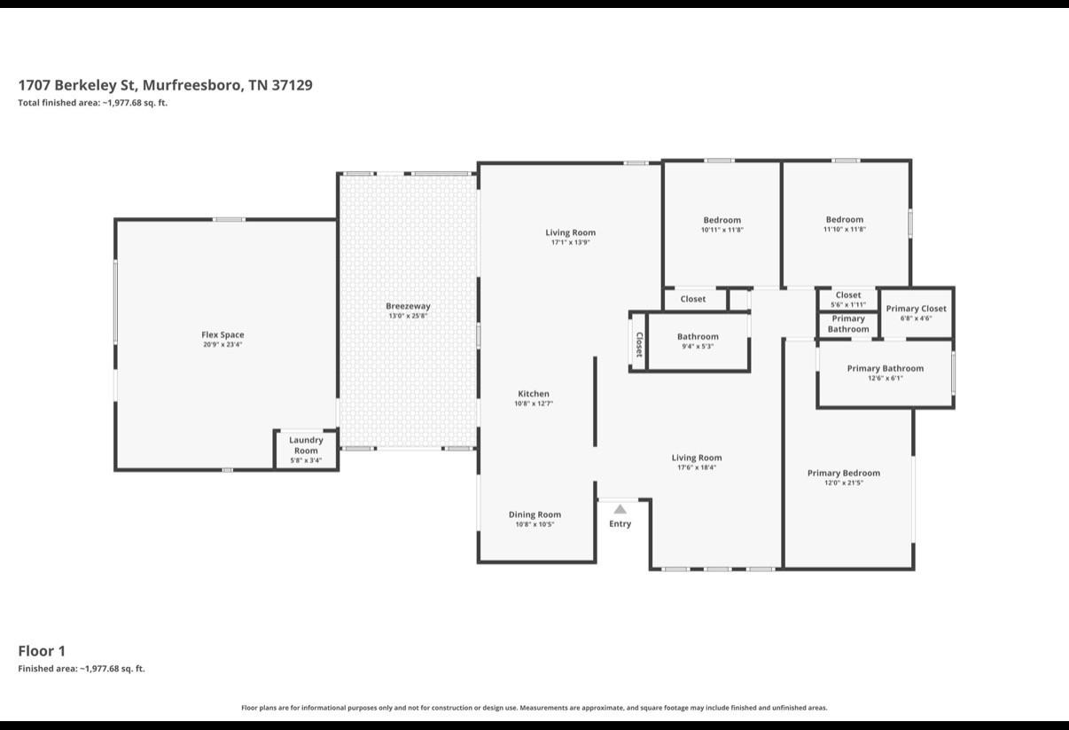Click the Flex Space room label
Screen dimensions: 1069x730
click(222, 334)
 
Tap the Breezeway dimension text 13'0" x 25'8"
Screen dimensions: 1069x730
click(408, 316)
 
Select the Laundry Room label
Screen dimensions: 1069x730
click(306, 445)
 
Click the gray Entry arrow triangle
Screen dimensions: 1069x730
click(620, 509)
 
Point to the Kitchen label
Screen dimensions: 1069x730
click(534, 394)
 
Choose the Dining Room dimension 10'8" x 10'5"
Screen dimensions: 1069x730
click(534, 524)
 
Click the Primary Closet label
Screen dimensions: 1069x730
click(916, 309)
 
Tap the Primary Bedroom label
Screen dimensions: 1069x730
click(844, 473)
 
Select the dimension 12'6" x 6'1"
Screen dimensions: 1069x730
click(886, 378)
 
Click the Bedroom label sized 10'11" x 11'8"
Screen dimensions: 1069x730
click(722, 220)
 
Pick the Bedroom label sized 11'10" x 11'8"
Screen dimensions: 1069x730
click(845, 220)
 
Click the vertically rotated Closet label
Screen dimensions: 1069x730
click(639, 344)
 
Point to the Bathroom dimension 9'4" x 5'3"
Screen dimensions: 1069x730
click(698, 346)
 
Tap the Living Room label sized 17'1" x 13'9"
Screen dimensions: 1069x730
click(570, 232)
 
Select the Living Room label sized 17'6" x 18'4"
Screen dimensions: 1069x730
click(697, 458)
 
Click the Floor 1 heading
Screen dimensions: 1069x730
click(42, 651)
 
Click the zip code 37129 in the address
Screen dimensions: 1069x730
click(292, 85)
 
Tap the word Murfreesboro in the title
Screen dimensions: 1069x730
click(193, 85)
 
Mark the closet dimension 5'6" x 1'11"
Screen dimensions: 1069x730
click(848, 304)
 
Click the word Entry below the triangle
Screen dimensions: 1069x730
click(620, 523)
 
